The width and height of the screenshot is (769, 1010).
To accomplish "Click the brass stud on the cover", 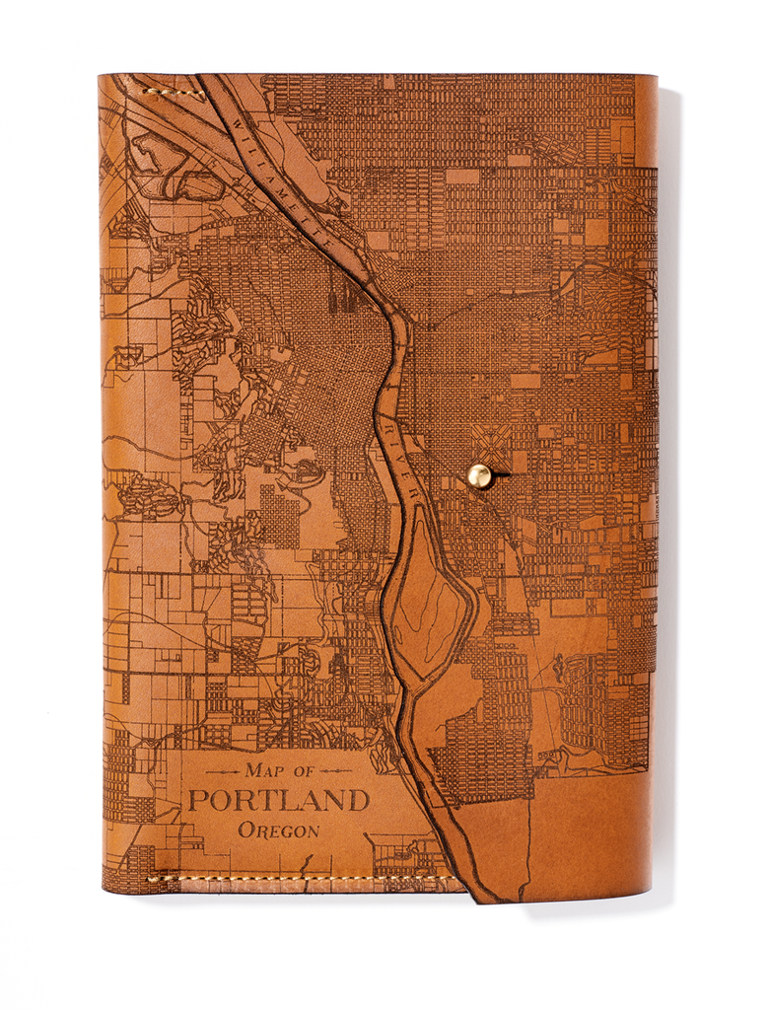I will [480, 475].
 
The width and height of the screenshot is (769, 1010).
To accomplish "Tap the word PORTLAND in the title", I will [279, 800].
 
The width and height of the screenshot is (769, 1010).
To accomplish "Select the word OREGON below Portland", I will [279, 830].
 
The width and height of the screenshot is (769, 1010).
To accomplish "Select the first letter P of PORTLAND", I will [197, 800].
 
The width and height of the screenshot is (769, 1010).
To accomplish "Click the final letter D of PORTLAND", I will [357, 800].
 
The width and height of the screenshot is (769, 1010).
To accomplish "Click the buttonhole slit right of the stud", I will [502, 475].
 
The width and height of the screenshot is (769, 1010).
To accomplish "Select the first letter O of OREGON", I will [245, 830].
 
